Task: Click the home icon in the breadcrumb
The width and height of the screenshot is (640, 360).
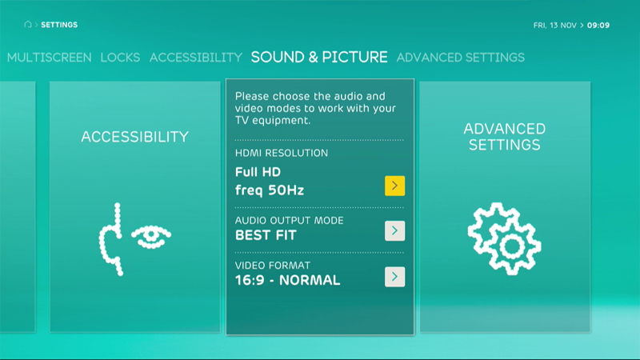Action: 28,25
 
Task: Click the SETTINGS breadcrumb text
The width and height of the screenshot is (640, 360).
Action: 59,25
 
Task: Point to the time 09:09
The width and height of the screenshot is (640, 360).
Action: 598,26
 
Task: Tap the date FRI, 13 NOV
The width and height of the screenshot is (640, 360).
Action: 555,26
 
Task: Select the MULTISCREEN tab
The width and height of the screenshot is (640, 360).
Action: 50,58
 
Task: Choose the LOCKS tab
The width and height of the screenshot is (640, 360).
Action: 121,58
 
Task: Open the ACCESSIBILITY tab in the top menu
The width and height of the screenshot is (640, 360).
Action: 196,58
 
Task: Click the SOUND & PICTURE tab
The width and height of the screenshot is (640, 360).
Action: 319,57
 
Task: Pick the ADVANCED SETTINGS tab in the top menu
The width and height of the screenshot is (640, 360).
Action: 461,58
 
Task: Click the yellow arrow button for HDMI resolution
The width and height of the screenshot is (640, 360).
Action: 394,186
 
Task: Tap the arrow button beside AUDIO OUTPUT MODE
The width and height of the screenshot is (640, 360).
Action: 394,230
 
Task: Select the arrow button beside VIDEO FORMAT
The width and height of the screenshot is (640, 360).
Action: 394,277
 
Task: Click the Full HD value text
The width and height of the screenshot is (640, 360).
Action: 258,172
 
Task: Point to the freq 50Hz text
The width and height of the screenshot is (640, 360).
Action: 270,190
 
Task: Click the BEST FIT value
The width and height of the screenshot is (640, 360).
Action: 266,235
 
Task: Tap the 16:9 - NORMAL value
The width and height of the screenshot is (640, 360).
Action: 288,281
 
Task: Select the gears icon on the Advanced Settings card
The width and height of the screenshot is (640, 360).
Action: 505,238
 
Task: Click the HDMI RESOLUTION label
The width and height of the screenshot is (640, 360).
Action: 282,153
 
